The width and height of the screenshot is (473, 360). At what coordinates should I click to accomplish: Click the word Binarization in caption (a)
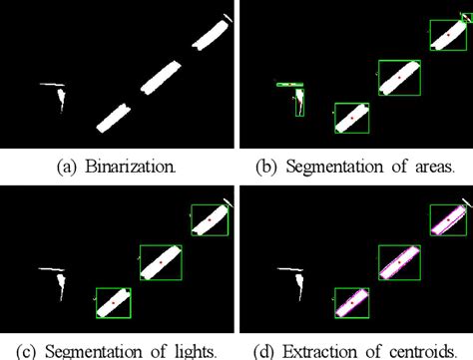click(138, 167)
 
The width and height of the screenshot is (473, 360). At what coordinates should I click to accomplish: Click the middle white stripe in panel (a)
click(160, 78)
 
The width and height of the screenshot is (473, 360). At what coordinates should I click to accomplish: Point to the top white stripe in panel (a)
click(213, 32)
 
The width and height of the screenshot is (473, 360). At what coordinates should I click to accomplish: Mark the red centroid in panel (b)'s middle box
click(398, 77)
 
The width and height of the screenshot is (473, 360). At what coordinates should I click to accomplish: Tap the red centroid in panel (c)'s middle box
click(160, 261)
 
